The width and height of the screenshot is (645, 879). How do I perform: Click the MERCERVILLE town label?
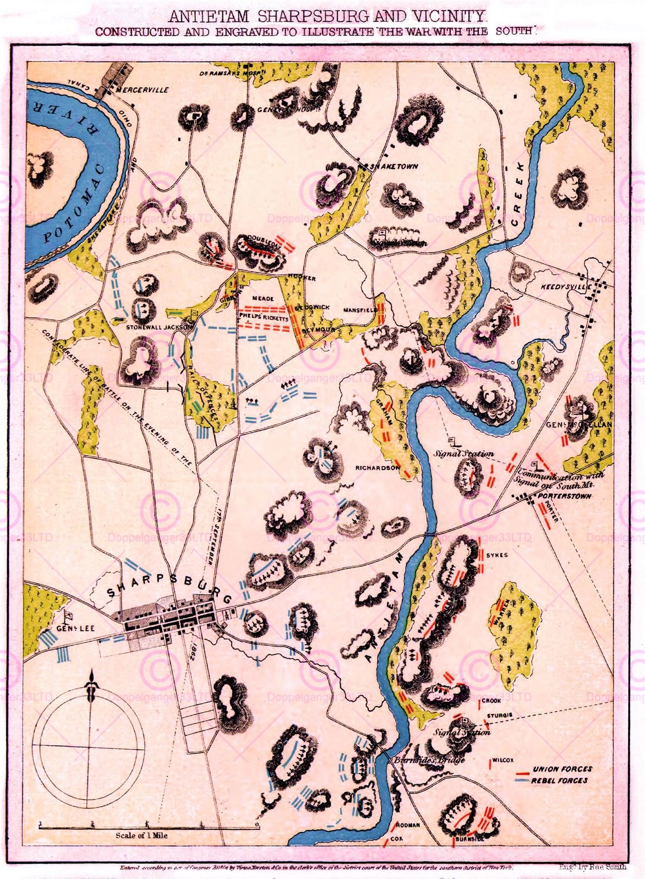(143, 90)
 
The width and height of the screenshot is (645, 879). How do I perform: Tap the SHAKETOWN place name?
(394, 166)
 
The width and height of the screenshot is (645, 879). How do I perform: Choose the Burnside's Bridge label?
(429, 760)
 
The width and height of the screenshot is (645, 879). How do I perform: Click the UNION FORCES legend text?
(562, 769)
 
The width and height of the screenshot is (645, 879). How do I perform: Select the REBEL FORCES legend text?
(560, 780)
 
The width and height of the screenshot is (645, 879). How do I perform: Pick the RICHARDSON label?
(377, 467)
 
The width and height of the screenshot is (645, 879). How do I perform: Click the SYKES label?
(497, 555)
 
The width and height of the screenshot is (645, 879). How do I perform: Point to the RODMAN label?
(408, 825)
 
